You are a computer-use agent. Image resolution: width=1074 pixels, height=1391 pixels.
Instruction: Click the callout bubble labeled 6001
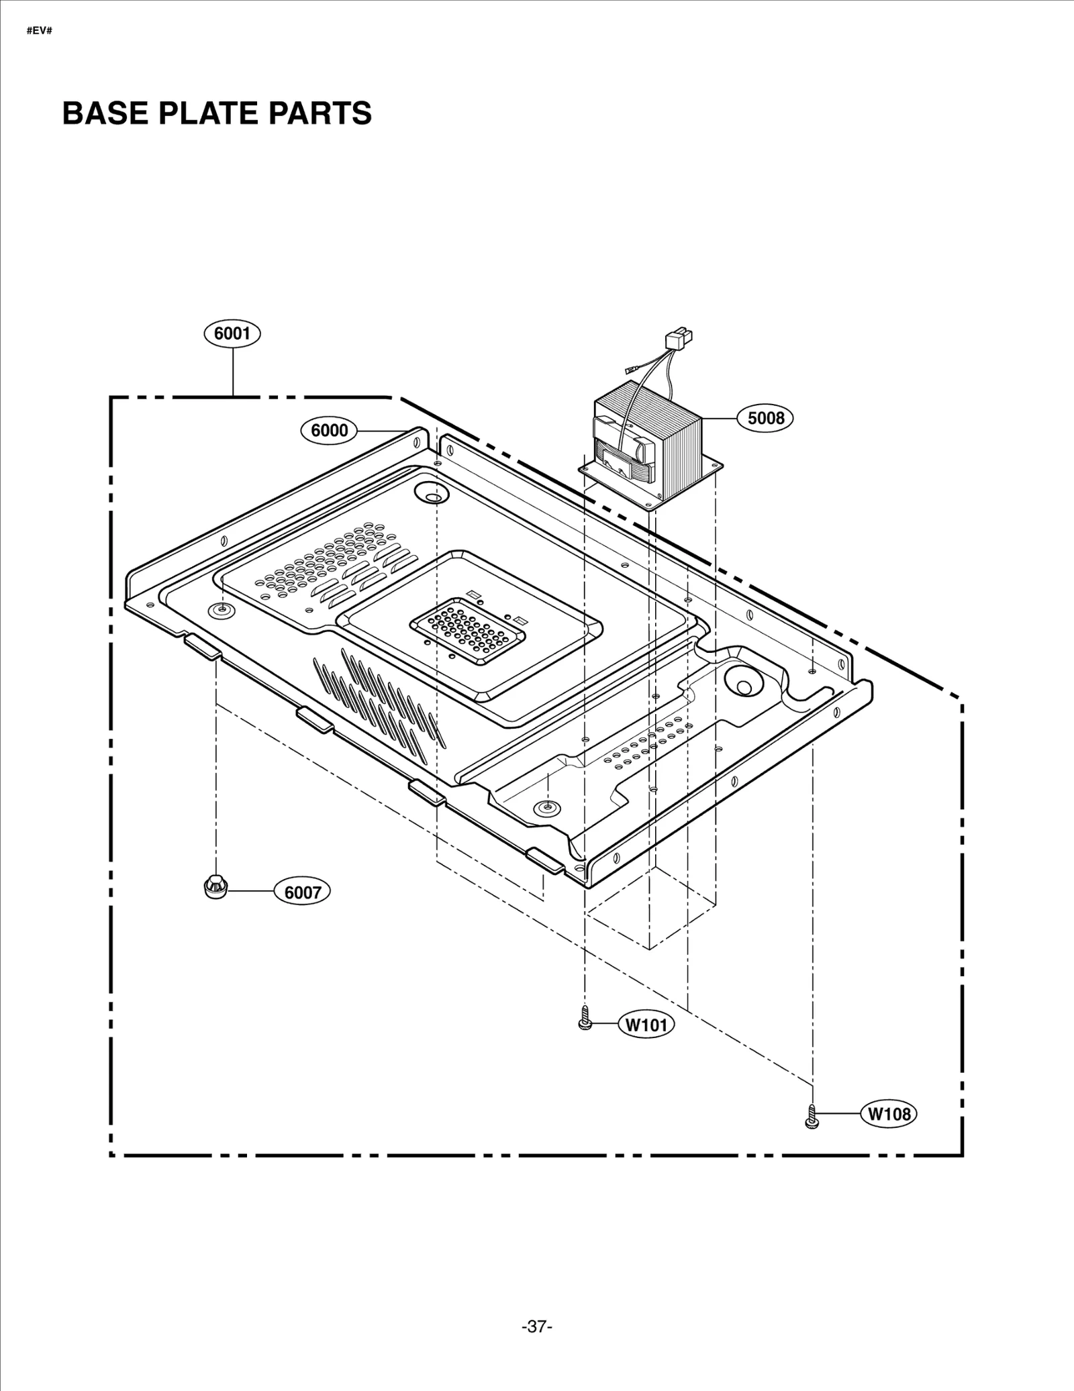(232, 333)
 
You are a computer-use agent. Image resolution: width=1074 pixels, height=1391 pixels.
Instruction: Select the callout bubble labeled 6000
(329, 430)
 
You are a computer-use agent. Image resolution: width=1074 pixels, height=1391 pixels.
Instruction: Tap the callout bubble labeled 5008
(765, 418)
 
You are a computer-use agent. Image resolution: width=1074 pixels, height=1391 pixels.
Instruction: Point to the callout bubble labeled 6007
(303, 892)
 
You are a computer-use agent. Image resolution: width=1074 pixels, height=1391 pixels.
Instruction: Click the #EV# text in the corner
(38, 32)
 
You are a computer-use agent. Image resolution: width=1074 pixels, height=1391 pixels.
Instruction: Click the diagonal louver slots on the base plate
(379, 701)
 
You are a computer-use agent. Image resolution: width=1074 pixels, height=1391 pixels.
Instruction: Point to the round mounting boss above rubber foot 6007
(220, 609)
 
